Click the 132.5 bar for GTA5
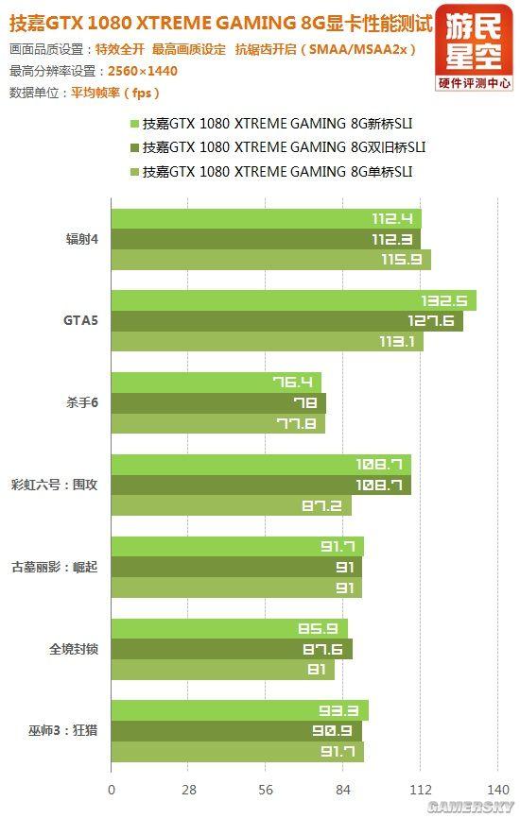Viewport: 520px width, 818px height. [293, 300]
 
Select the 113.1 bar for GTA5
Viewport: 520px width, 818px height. [267, 342]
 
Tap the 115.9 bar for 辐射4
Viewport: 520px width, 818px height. [270, 260]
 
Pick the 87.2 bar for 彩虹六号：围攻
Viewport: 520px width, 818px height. [231, 506]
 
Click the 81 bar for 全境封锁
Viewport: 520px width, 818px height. [222, 670]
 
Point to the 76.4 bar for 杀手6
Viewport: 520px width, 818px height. [216, 383]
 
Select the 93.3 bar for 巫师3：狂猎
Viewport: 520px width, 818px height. [239, 710]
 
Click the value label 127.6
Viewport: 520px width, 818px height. [430, 321]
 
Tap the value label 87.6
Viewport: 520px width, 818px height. [330, 649]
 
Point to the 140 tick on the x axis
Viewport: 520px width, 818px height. [497, 790]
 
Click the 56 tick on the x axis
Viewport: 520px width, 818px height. [266, 790]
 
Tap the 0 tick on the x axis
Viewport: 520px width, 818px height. [112, 790]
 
